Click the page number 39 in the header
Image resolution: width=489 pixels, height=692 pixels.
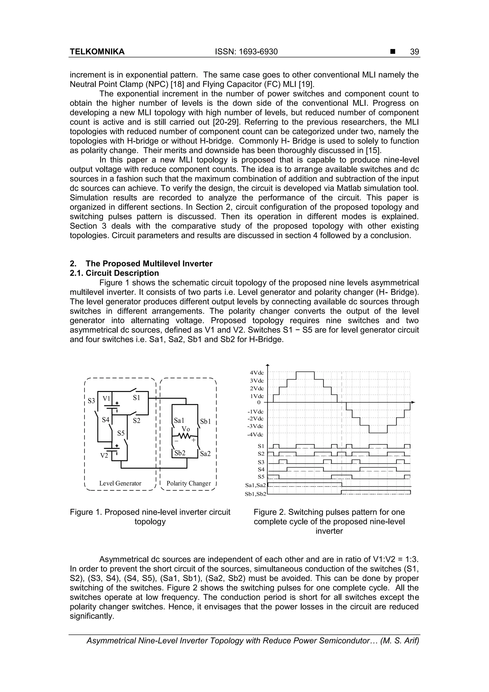click(414, 52)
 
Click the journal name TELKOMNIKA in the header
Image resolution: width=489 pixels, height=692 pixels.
click(97, 52)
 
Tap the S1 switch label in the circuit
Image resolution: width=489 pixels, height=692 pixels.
click(137, 398)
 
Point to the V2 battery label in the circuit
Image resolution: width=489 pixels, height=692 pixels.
click(104, 456)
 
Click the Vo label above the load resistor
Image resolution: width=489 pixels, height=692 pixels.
click(186, 429)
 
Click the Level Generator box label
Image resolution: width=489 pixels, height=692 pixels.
click(120, 483)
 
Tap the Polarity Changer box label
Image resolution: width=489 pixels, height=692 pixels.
click(189, 483)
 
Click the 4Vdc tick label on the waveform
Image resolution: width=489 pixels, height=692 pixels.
click(257, 373)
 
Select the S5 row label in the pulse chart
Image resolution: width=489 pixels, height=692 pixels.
click(261, 477)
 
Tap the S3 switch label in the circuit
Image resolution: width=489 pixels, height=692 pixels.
click(91, 401)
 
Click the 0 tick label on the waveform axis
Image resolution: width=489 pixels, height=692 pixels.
click(259, 402)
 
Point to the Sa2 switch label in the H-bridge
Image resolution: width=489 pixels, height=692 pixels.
click(205, 454)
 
